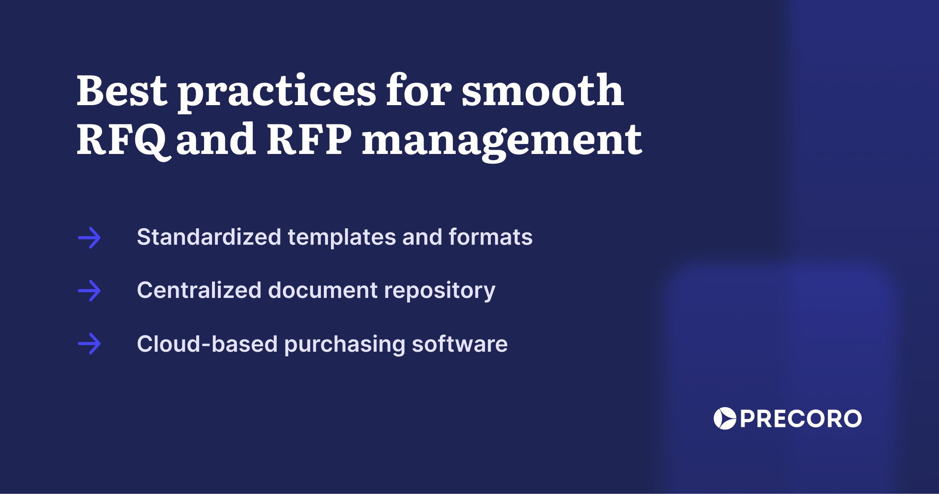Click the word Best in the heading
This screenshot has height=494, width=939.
(121, 91)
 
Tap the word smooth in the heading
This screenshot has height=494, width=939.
(543, 91)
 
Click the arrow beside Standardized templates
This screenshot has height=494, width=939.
(89, 238)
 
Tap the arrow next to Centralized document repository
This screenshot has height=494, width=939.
(89, 291)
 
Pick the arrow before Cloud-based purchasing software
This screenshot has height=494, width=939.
(89, 344)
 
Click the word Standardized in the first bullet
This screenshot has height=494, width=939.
(209, 237)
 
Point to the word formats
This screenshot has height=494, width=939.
(490, 237)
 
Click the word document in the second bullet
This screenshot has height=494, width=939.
(323, 290)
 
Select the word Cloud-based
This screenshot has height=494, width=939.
(207, 344)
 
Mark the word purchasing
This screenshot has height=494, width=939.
(345, 345)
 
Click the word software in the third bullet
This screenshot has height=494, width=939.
(459, 344)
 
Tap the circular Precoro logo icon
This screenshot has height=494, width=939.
(724, 418)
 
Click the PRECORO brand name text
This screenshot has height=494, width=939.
(800, 419)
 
